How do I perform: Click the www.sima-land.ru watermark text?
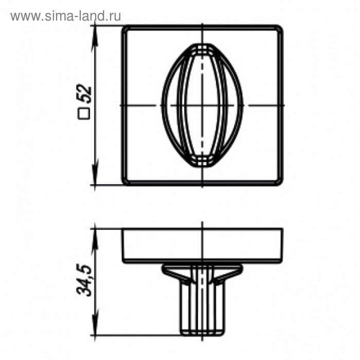coord(66,16)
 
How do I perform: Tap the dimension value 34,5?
coord(84,280)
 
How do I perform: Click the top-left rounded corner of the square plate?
coord(125,28)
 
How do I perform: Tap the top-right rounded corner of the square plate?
coord(279,28)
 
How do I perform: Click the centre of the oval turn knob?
coord(203,105)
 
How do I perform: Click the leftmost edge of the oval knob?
coord(162,105)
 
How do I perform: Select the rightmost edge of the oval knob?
coord(244,105)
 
